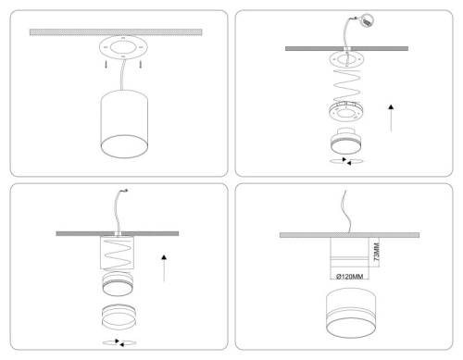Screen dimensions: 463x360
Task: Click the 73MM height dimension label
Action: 376,252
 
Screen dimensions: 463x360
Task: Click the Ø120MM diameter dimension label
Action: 349,277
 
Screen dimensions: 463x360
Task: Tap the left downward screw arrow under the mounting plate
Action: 106,64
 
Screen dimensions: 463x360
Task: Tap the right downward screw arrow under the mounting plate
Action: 141,64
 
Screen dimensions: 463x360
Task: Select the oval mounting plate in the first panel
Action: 123,47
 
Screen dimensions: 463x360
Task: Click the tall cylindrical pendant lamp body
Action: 124,124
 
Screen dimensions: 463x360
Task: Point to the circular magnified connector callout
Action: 367,20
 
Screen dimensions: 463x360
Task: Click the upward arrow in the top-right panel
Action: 391,118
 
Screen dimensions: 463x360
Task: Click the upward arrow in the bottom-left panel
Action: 164,268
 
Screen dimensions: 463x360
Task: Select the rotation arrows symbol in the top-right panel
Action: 346,161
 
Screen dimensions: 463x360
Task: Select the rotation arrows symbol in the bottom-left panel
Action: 119,342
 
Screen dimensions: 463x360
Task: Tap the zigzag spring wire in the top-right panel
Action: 346,82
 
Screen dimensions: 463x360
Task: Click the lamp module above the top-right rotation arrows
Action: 346,141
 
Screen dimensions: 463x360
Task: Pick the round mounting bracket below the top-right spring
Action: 346,112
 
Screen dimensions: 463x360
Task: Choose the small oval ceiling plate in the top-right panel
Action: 346,59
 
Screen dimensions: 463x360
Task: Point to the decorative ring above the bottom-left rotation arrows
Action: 119,317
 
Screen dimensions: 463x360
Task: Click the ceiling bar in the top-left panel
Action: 116,32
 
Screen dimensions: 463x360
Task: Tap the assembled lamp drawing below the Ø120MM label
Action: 351,313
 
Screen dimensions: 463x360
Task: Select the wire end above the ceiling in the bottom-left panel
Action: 125,191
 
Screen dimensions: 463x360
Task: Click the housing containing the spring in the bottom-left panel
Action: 117,253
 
